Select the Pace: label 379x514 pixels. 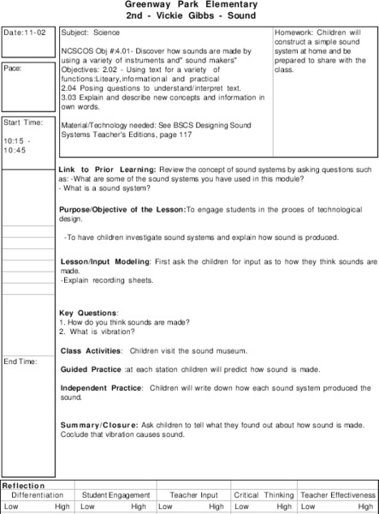coord(15,67)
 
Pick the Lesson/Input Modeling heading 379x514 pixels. coord(105,260)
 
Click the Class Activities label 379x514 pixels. coord(91,350)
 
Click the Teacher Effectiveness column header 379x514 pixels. coord(339,495)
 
